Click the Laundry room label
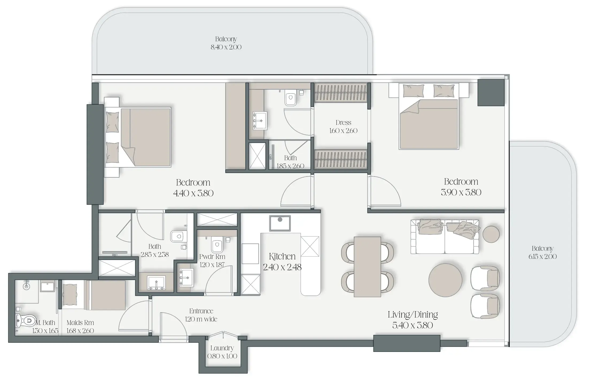tap(222, 348)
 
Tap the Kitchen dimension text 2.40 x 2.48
tap(282, 267)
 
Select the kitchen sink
tap(280, 223)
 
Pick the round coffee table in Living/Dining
tap(445, 280)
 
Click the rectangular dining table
tap(367, 267)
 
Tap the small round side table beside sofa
tap(491, 234)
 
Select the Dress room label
tap(343, 123)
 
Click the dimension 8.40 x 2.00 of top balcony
tap(226, 47)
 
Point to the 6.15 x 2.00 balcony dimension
tap(542, 257)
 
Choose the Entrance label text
tap(201, 311)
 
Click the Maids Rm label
tap(80, 323)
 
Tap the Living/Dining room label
tap(413, 315)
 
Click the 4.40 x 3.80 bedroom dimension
tap(193, 193)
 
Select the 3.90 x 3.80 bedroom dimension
tap(461, 192)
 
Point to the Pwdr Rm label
tap(212, 257)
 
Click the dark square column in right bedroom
tap(491, 92)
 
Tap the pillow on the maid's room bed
tap(70, 293)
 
